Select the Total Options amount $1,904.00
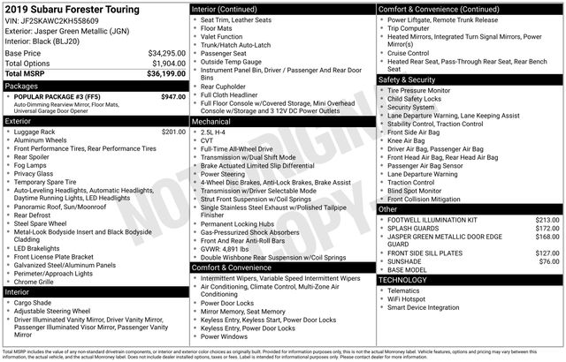click(x=168, y=64)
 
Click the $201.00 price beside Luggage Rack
click(x=168, y=132)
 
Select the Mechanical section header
click(x=215, y=122)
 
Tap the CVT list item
click(x=209, y=140)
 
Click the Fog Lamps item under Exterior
click(x=33, y=165)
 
